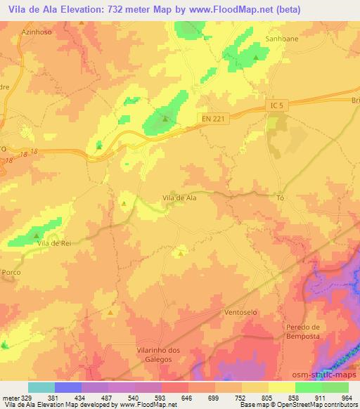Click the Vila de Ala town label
pos(179,198)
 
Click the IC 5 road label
pos(278,106)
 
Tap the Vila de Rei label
pos(56,243)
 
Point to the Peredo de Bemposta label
pos(303,332)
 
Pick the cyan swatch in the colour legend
pos(41,387)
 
